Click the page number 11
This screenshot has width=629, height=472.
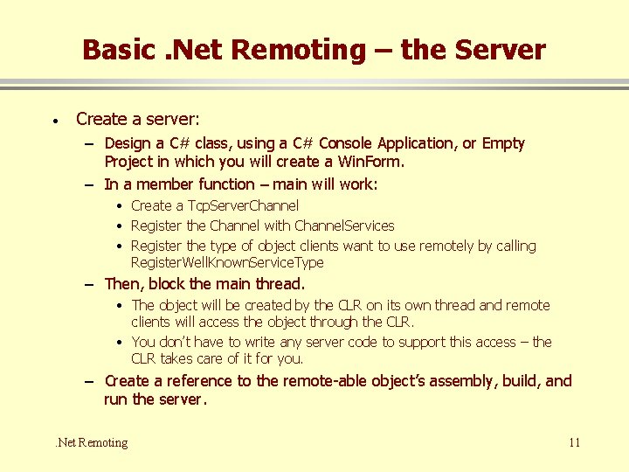click(x=574, y=442)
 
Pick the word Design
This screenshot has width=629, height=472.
click(x=129, y=143)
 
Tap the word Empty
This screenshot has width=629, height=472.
click(x=504, y=143)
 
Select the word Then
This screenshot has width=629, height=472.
click(x=123, y=284)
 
